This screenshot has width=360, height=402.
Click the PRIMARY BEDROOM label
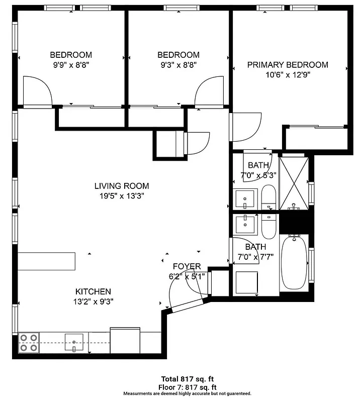point(287,65)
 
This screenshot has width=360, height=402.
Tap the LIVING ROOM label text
point(122,186)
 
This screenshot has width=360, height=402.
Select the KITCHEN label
point(93,291)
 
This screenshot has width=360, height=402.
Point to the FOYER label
point(187,266)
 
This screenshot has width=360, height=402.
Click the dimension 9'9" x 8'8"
point(71,65)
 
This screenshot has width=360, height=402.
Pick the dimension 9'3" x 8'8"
point(178,65)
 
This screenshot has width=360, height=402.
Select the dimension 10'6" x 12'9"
point(287,76)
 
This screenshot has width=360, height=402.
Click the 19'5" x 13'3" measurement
point(122,196)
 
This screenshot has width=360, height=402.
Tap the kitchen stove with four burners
point(28,343)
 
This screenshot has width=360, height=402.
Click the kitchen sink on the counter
point(74,343)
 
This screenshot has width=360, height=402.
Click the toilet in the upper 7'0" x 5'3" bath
point(269,197)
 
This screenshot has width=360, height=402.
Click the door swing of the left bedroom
point(38,93)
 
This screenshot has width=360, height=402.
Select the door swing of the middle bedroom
point(208,93)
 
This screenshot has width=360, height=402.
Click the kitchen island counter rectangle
point(47,261)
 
